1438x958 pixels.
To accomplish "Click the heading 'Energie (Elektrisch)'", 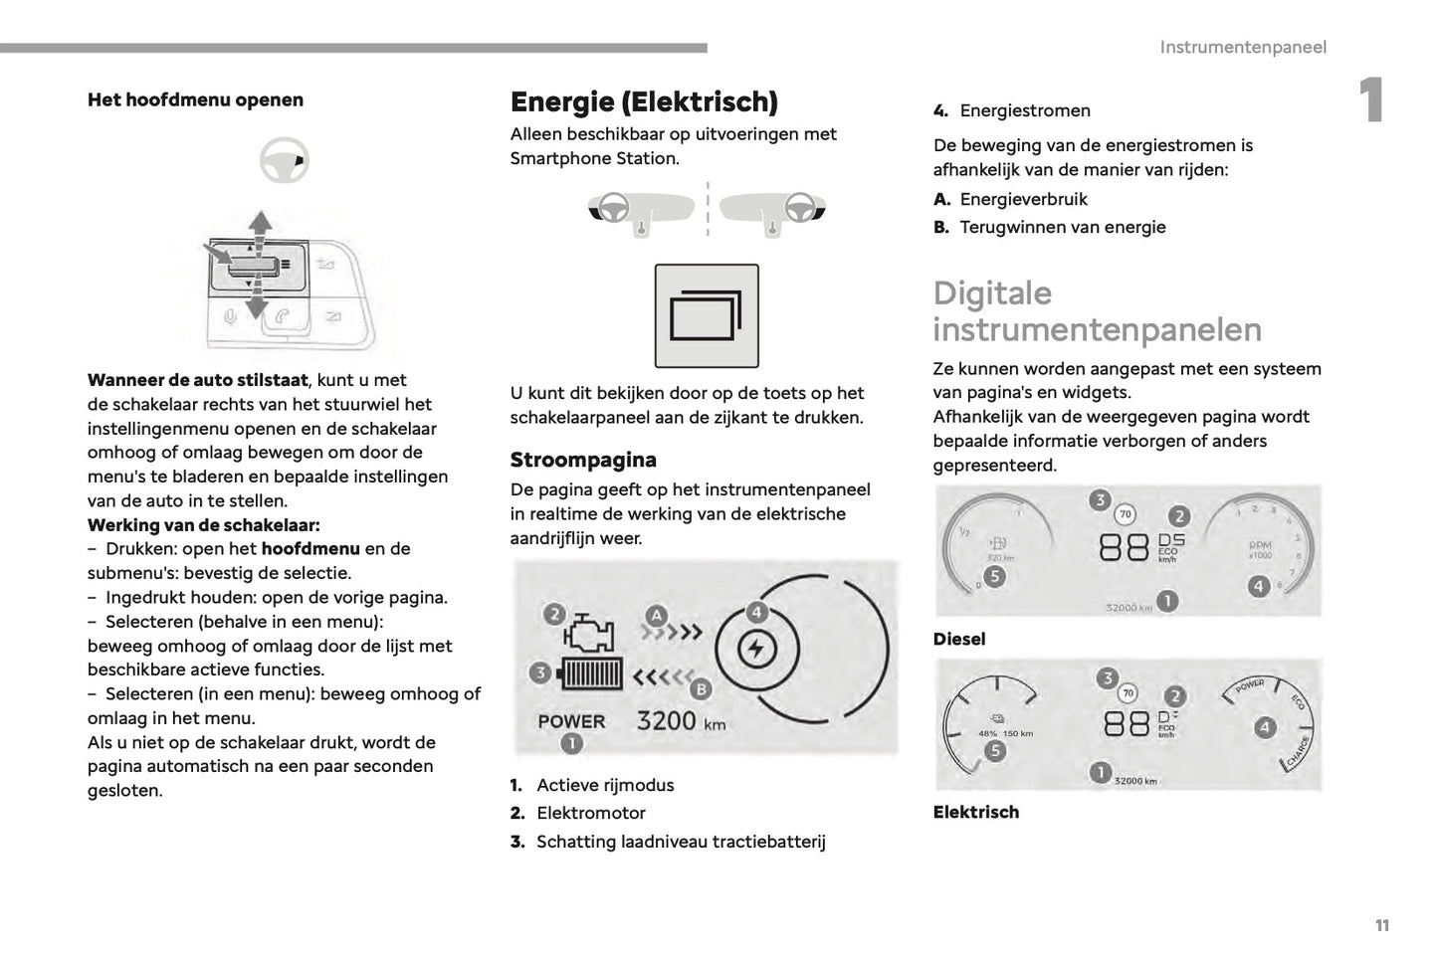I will pos(644,101).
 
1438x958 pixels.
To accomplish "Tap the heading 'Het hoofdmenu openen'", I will pos(195,99).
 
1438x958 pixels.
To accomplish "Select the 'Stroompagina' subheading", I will pos(583,460).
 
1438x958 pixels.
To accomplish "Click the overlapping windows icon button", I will pos(707,316).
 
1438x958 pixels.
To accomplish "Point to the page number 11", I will pos(1381,925).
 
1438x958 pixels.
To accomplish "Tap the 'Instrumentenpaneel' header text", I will pos(1242,47).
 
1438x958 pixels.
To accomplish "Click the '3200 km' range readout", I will pos(681,721).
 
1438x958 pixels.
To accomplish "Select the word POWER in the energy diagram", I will pos(571,721).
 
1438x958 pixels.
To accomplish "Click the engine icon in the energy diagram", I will pos(589,633).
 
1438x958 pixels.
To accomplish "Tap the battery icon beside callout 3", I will pos(592,674).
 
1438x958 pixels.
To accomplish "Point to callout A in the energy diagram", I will pos(656,615).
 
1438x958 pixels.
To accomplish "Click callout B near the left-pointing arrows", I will pos(701,687).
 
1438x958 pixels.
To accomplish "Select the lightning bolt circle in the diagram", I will pos(756,651).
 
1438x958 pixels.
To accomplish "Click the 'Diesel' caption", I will pos(958,639).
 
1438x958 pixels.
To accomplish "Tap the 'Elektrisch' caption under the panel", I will pos(975,812).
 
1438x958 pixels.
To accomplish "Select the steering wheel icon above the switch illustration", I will pos(284,160).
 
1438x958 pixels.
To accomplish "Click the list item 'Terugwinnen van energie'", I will pos(1062,227).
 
